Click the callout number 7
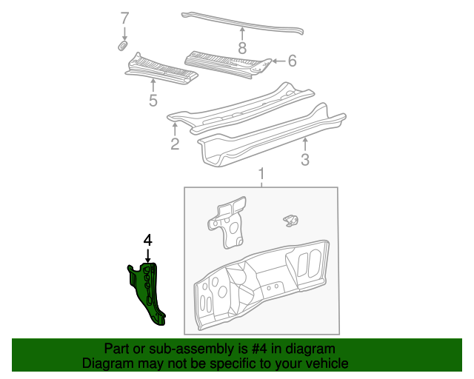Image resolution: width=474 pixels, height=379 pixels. [x=124, y=18]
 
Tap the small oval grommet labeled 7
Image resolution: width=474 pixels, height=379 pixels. [x=124, y=47]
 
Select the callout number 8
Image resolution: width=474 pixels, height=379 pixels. [x=241, y=49]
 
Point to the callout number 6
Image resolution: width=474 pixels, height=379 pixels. [x=292, y=61]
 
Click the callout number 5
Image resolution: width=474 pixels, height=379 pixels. [x=153, y=101]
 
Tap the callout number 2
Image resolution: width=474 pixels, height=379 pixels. [x=175, y=144]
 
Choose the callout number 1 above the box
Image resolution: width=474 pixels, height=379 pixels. [x=261, y=174]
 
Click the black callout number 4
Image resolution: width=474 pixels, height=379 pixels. [x=147, y=240]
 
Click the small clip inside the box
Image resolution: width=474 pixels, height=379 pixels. [x=292, y=219]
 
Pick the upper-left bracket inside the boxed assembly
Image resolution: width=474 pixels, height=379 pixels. [x=227, y=221]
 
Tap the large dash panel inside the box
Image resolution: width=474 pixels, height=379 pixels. [x=259, y=285]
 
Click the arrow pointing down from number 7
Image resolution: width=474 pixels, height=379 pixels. [x=124, y=33]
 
